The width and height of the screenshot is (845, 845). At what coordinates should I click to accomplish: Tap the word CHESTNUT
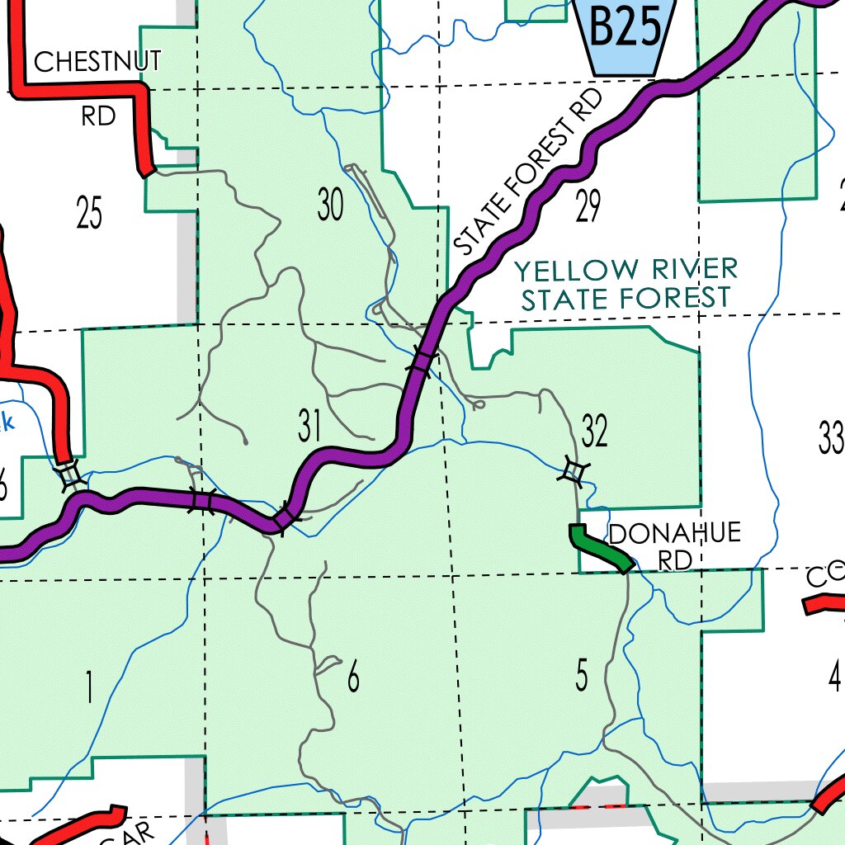(97, 61)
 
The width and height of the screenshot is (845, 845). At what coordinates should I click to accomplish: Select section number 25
(89, 213)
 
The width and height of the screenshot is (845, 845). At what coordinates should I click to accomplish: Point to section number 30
(330, 205)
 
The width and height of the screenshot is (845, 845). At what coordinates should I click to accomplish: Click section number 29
(588, 206)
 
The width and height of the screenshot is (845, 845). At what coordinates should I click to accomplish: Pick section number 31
(309, 427)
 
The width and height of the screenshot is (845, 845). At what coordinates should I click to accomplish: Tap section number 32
(594, 431)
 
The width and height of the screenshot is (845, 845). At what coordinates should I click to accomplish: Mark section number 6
(353, 677)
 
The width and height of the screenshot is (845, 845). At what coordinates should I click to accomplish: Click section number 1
(88, 688)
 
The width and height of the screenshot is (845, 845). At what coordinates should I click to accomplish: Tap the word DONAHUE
(674, 534)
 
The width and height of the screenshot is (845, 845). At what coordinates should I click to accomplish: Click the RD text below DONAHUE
(674, 559)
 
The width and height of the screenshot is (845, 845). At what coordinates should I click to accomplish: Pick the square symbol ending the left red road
(69, 474)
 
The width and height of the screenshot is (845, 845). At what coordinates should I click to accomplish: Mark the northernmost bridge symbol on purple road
(422, 361)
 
